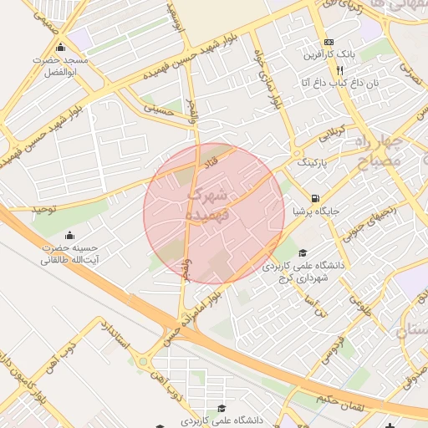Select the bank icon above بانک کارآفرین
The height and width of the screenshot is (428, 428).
329,42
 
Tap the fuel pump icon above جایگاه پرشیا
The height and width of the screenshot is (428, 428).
314,199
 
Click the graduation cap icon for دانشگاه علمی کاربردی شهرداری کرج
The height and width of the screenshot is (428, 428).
302,253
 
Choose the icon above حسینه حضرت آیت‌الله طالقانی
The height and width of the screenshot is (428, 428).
69,234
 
